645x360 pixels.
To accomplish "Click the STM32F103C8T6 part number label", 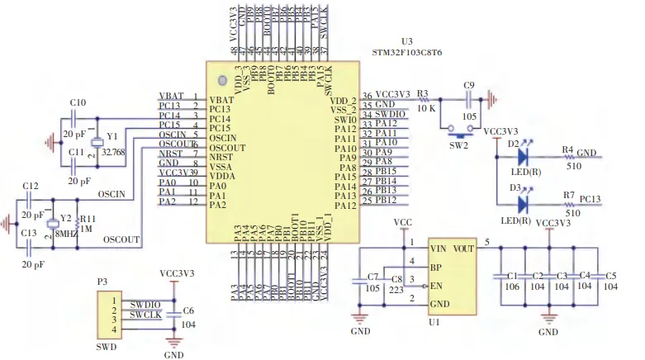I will [x=408, y=51].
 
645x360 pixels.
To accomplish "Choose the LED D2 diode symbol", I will [x=522, y=154].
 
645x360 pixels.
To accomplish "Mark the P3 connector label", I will [x=102, y=282].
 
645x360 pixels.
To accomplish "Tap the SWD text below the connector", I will [x=105, y=348].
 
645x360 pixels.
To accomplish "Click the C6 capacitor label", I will [x=188, y=310].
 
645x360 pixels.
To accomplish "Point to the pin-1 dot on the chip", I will [x=222, y=79].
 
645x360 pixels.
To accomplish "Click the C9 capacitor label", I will [x=470, y=86].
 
